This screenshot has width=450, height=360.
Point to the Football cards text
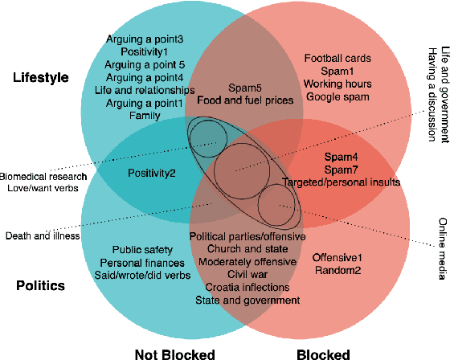tap(337, 58)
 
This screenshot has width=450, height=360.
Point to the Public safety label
tap(142, 250)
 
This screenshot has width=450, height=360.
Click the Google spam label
tap(337, 97)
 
